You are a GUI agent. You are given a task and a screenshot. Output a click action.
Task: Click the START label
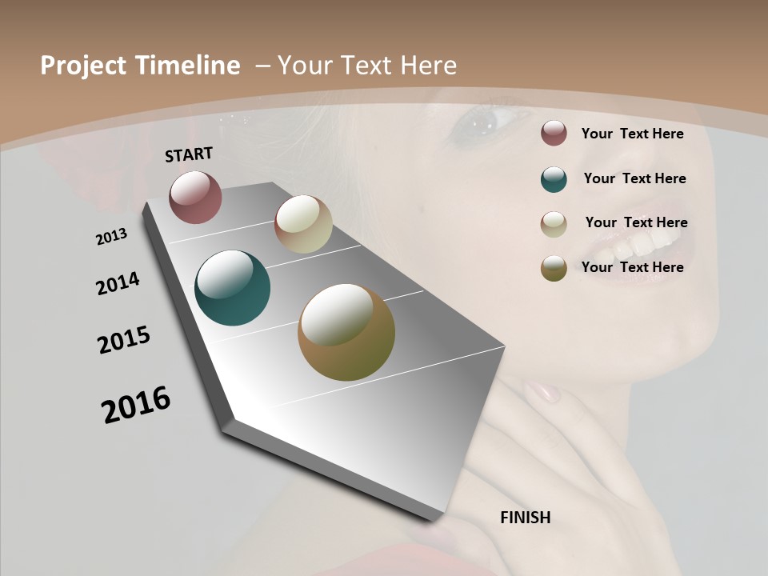(x=189, y=154)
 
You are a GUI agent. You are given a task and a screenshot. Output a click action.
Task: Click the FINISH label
(x=525, y=518)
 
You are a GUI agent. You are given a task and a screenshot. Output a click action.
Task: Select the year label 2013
(x=111, y=237)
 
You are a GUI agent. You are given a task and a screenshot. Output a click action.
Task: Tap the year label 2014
(x=118, y=284)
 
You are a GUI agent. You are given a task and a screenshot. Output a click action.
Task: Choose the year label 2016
(x=136, y=405)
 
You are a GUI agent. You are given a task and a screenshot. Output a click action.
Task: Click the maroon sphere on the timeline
(x=195, y=197)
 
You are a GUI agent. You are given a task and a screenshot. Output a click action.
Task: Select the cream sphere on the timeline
(x=303, y=224)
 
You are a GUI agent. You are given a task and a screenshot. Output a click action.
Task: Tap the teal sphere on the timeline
(x=232, y=288)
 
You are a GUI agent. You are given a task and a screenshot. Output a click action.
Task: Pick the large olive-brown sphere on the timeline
(x=346, y=332)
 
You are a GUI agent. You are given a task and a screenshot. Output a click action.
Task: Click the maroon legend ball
(x=554, y=134)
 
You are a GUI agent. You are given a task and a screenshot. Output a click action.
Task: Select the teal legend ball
(x=554, y=179)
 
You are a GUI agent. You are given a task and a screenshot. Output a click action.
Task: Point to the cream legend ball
(x=554, y=224)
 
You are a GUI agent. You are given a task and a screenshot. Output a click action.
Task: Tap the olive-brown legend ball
(x=554, y=268)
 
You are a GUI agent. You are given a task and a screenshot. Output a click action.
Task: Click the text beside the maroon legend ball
(x=632, y=134)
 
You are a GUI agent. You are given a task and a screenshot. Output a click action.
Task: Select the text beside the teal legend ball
(x=634, y=178)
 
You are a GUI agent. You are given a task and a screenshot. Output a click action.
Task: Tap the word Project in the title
(x=82, y=66)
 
